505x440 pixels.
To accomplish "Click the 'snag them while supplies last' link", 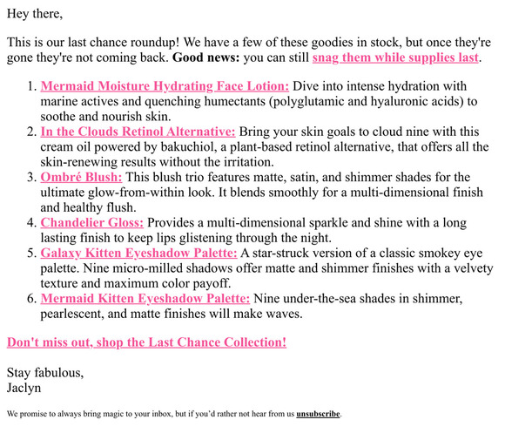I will pos(395,58).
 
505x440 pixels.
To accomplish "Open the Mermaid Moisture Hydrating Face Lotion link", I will pos(165,86).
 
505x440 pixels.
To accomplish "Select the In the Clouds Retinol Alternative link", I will pos(138,132).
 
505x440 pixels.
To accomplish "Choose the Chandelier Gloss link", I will pos(92,222).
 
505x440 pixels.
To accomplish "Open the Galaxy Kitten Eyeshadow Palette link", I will pos(138,253).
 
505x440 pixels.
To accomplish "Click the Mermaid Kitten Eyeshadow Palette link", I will pos(145,298).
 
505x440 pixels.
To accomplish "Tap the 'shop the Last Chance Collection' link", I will pos(146,342).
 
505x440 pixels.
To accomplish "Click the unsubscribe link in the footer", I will pos(318,414).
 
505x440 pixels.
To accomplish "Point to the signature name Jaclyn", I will pos(24,389).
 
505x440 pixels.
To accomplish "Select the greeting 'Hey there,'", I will pos(35,13).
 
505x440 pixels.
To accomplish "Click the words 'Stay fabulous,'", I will pos(45,373).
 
